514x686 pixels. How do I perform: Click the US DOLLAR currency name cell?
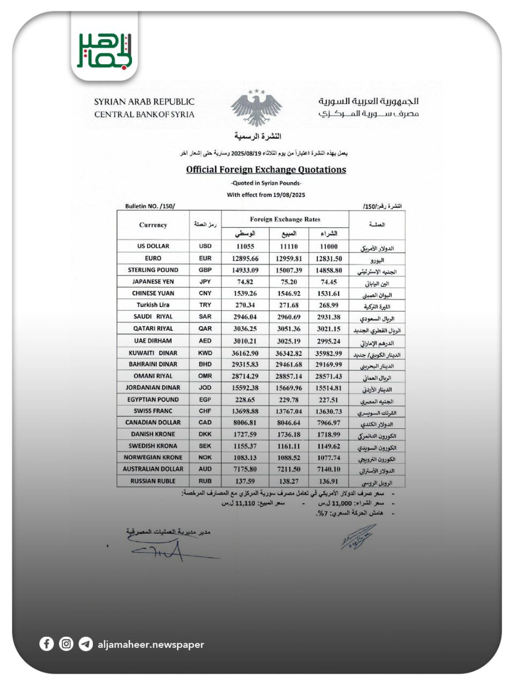point(153,246)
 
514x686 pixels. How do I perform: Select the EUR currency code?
point(205,258)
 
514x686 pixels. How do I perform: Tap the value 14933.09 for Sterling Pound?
point(245,270)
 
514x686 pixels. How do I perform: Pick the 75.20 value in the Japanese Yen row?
point(289,282)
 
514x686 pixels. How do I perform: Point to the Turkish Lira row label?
point(153,305)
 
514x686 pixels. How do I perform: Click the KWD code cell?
point(205,353)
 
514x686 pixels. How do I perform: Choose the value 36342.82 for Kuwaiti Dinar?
point(289,353)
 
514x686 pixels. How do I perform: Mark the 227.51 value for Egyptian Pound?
point(329,400)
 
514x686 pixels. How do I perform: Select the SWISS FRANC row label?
point(153,411)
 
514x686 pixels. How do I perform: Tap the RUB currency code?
point(205,481)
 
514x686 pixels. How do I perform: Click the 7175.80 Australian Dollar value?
point(245,469)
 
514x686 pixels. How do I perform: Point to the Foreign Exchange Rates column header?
point(285,219)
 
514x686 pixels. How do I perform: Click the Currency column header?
point(153,225)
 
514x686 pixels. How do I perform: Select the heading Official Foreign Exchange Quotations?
point(266,170)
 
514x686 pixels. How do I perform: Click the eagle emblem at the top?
point(256,108)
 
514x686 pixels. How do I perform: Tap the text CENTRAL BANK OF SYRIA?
point(144,114)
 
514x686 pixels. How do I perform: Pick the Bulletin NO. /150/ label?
point(150,206)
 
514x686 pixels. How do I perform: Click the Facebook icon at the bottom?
point(47,644)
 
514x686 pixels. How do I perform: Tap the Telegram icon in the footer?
point(85,644)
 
